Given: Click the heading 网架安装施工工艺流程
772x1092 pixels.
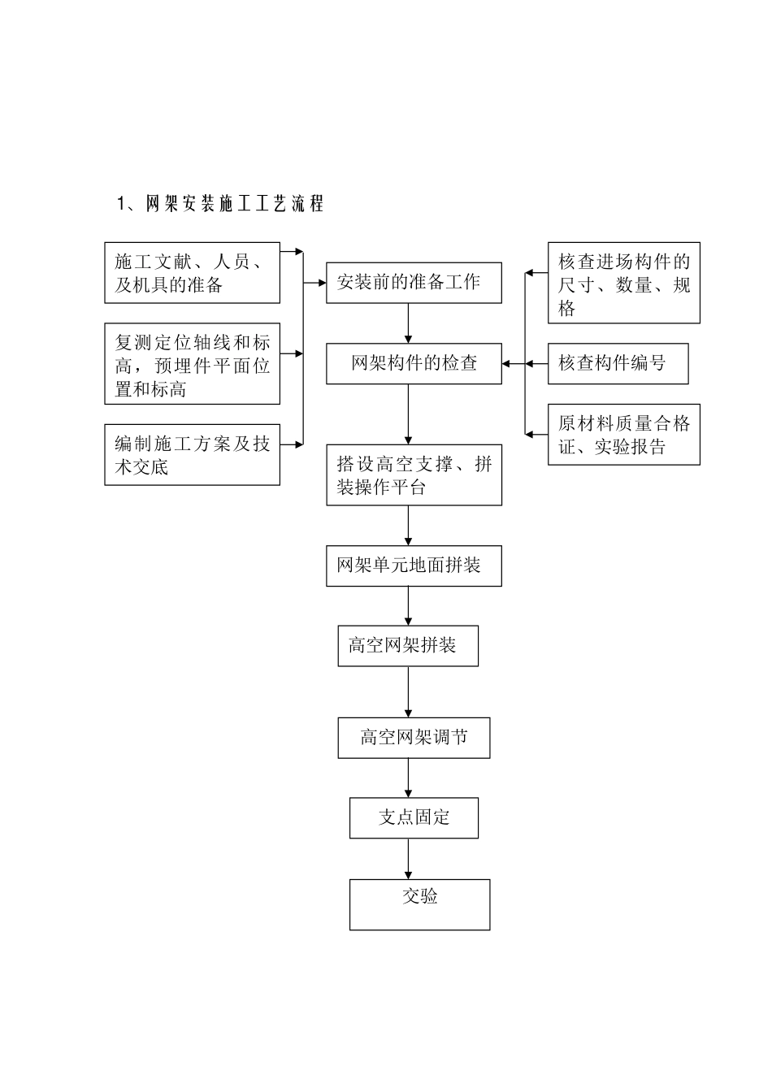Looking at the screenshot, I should (221, 204).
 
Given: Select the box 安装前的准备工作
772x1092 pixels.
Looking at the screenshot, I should (414, 283).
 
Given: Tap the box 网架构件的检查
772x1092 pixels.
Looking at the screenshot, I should (414, 363).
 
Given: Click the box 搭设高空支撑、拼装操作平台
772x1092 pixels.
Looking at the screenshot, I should (414, 475).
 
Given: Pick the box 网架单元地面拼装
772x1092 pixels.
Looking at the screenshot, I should (414, 565).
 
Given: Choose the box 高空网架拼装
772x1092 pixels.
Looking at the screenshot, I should (408, 646).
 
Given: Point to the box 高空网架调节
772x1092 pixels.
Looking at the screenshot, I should (414, 738).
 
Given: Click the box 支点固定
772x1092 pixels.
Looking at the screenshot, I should (414, 817).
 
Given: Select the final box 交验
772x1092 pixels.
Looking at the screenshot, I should (419, 903).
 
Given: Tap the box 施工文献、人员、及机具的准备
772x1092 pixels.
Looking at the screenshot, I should (192, 273).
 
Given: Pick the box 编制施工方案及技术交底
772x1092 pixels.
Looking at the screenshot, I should (192, 455).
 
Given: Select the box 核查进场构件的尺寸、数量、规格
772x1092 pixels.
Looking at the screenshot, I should (623, 284).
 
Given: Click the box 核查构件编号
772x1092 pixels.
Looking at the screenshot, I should (618, 363).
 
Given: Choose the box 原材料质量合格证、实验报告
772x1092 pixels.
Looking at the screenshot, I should (623, 435).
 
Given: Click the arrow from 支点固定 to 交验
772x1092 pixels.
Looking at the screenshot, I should (408, 858).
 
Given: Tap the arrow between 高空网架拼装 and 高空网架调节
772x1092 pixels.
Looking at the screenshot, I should (408, 691).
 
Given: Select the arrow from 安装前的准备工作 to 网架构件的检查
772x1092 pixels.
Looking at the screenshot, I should (408, 323).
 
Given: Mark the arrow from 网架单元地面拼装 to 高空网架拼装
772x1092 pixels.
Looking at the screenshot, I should (408, 605).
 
